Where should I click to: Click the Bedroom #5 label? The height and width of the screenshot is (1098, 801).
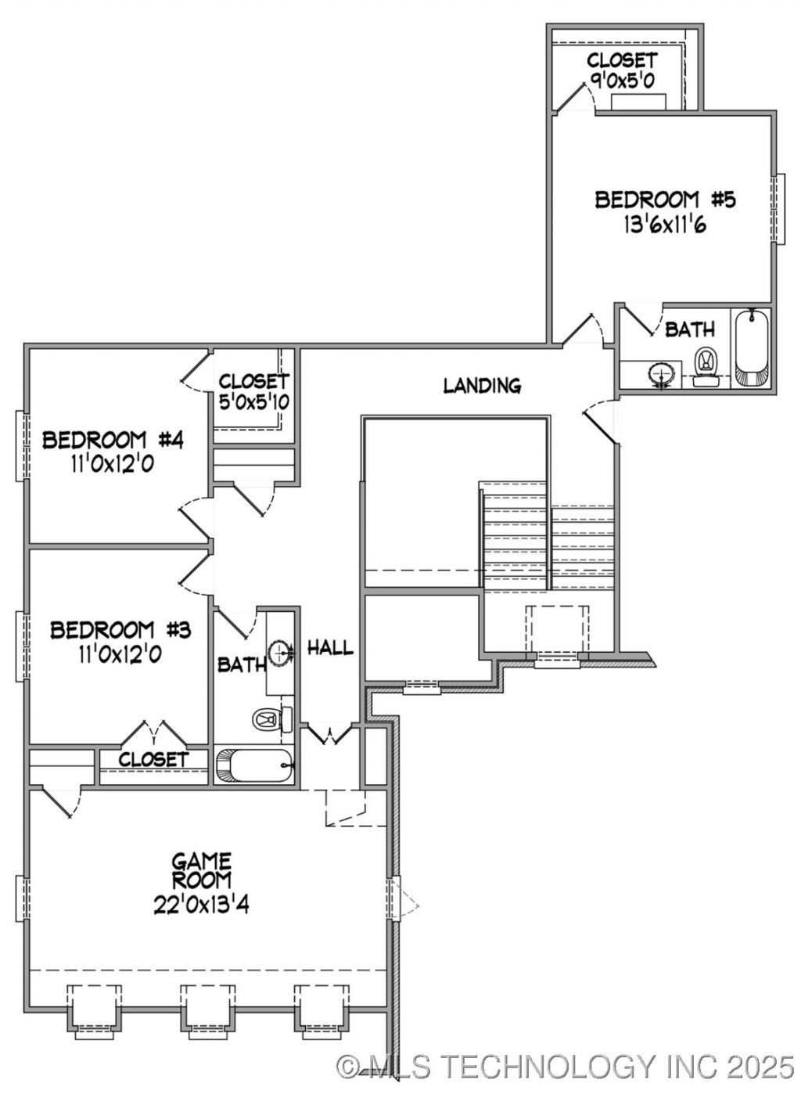(665, 200)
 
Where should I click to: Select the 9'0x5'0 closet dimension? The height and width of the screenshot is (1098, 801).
(622, 81)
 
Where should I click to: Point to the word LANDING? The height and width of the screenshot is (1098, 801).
(482, 385)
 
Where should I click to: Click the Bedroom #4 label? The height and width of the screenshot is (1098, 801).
(113, 440)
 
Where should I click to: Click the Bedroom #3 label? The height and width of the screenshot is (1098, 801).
(120, 630)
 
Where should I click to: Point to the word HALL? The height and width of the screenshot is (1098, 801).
(330, 648)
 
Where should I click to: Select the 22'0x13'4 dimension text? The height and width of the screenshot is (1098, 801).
(201, 905)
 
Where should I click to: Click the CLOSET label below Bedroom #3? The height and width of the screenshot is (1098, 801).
(153, 759)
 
